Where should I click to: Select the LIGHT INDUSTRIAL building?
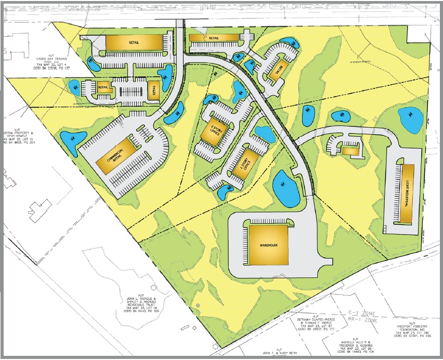click(x=407, y=193)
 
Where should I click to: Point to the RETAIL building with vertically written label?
click(x=153, y=91)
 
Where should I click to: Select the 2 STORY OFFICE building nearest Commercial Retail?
click(x=212, y=134)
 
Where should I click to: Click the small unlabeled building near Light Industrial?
click(x=350, y=150)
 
